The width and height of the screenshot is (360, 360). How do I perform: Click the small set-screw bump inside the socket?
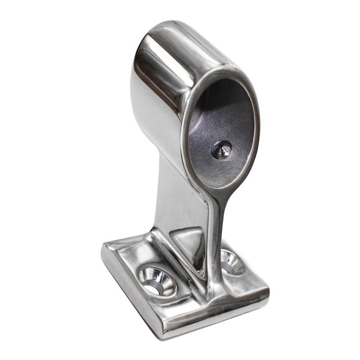click(222, 149)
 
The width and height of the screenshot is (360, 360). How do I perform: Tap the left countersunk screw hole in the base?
click(157, 280)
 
